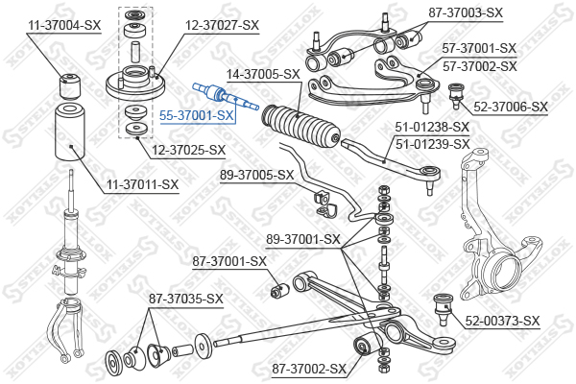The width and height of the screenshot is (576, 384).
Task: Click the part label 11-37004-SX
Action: [64, 25]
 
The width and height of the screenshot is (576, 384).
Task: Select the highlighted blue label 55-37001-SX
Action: [197, 115]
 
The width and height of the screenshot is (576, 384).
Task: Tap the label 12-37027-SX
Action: [222, 25]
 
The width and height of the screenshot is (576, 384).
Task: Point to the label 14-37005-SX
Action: [263, 74]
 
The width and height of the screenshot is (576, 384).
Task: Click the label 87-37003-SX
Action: [466, 12]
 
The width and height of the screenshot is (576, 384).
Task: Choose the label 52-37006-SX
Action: [511, 107]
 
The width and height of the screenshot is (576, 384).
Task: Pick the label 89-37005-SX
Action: [256, 175]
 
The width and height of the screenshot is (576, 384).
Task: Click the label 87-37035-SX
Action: [186, 299]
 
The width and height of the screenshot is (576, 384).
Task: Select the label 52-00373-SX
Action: [502, 321]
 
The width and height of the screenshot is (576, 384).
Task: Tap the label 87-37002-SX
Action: [309, 369]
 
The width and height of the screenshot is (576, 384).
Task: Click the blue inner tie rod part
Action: [226, 96]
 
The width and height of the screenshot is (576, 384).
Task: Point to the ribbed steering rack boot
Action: [300, 127]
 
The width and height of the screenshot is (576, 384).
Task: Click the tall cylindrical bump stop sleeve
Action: [70, 132]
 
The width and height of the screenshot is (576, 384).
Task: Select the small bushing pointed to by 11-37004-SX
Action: [69, 86]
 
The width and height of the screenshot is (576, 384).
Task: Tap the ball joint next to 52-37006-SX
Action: [456, 95]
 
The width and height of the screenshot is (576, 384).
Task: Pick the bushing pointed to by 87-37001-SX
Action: [280, 290]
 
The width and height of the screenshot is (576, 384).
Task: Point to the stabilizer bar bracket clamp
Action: [325, 204]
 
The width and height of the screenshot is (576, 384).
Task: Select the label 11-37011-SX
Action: [142, 184]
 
